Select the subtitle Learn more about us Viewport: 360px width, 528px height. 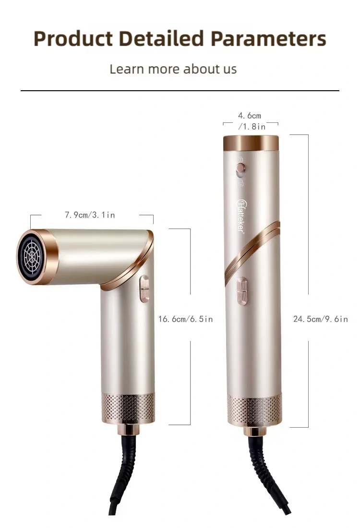(173, 69)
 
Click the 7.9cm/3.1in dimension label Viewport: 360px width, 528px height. (90, 215)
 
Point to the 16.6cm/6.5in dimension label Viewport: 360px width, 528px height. (185, 319)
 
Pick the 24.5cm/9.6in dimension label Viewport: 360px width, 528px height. (320, 319)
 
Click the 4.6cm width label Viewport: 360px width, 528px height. (250, 116)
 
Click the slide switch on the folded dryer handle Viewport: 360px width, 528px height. (144, 288)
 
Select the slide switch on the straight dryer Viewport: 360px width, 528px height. (243, 292)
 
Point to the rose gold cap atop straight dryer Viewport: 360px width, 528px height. (251, 143)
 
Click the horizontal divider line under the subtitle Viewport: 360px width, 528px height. (180, 90)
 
